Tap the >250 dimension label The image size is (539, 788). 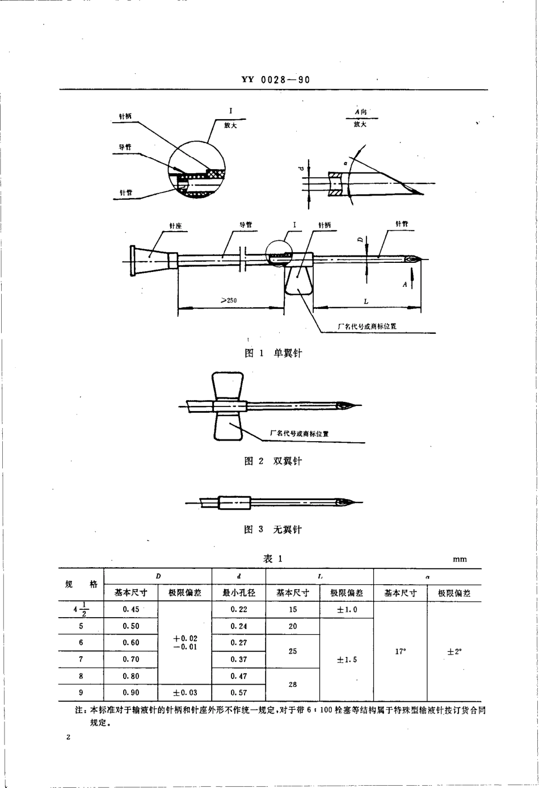point(229,300)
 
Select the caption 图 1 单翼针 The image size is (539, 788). point(273,353)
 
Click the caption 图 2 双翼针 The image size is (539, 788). point(273,461)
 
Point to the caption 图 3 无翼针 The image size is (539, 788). point(273,529)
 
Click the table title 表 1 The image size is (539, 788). point(272,559)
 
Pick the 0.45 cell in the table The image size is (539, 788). point(130,609)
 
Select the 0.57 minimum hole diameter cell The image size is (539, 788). point(238,693)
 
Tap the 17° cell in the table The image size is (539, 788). point(400,651)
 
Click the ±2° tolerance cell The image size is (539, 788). point(454,652)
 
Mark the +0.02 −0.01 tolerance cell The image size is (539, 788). point(185,643)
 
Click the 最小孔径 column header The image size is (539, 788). point(238,593)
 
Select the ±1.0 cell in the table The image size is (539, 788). point(346,610)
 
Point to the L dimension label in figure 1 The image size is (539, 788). point(366,301)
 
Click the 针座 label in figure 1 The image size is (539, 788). point(175,226)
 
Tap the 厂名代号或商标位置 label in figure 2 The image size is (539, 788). point(299,434)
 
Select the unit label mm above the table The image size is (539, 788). point(460,559)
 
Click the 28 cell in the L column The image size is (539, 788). point(292,684)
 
